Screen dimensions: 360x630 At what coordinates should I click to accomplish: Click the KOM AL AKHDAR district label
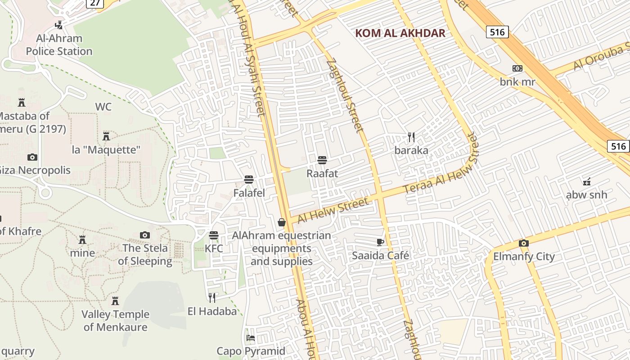(x=400, y=33)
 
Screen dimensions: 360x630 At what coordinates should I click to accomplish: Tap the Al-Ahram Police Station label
(x=59, y=45)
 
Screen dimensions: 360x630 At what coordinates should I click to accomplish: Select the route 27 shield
(x=95, y=3)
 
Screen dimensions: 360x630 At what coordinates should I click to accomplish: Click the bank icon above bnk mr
(x=517, y=68)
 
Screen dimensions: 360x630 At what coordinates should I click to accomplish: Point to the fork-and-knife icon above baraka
(x=411, y=137)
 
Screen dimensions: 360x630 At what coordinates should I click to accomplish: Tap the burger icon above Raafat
(x=322, y=160)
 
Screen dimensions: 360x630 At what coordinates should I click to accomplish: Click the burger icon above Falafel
(x=249, y=180)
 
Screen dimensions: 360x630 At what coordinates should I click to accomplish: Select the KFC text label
(x=214, y=248)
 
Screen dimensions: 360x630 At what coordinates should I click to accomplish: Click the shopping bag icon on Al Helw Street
(x=282, y=222)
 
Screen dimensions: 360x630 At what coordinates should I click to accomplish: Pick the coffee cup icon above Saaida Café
(x=380, y=242)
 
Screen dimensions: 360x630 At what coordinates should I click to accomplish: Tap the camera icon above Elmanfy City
(x=523, y=243)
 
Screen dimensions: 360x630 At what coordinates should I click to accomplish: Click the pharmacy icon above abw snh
(x=586, y=181)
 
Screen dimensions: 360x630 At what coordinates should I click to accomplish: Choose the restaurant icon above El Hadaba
(x=212, y=297)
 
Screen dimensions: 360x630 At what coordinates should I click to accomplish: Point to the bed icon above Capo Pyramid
(x=251, y=337)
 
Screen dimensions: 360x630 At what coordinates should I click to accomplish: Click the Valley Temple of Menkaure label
(x=115, y=320)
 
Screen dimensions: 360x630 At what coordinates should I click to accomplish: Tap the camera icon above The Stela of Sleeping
(x=144, y=235)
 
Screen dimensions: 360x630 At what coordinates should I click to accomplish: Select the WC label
(x=103, y=107)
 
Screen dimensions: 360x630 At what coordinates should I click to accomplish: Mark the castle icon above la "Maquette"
(x=106, y=136)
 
